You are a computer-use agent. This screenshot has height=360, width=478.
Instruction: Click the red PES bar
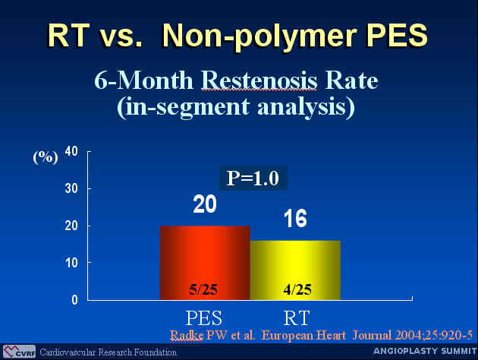(x=205, y=263)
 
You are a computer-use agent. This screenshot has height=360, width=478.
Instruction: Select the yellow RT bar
(x=295, y=270)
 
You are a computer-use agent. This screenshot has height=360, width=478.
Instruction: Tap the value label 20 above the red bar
(x=205, y=204)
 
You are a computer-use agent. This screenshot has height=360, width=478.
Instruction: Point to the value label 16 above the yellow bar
(x=295, y=219)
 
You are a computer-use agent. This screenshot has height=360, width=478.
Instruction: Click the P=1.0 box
(x=253, y=178)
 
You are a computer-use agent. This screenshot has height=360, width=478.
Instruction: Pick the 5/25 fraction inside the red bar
(x=203, y=289)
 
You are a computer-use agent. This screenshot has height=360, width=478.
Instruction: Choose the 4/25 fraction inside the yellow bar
(x=297, y=289)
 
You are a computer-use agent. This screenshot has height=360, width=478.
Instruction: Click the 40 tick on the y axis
(x=71, y=151)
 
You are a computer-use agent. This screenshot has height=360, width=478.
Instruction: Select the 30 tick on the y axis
(x=71, y=188)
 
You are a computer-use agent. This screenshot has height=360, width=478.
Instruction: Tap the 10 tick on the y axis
(x=71, y=263)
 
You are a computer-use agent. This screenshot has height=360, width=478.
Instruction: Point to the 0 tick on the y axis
(x=74, y=300)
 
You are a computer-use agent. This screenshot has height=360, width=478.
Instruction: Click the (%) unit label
(x=46, y=157)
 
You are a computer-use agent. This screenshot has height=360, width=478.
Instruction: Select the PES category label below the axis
(x=204, y=318)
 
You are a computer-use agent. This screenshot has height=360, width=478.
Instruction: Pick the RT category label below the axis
(x=297, y=318)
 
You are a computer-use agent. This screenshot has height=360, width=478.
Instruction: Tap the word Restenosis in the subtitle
(x=259, y=81)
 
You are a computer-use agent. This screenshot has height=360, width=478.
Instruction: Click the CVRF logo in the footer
(x=19, y=352)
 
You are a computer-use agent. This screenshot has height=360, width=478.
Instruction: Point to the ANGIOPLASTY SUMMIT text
(x=425, y=351)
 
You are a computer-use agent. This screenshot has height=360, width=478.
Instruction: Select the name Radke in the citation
(x=187, y=335)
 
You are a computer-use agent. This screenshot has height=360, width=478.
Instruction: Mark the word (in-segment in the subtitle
(x=183, y=107)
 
